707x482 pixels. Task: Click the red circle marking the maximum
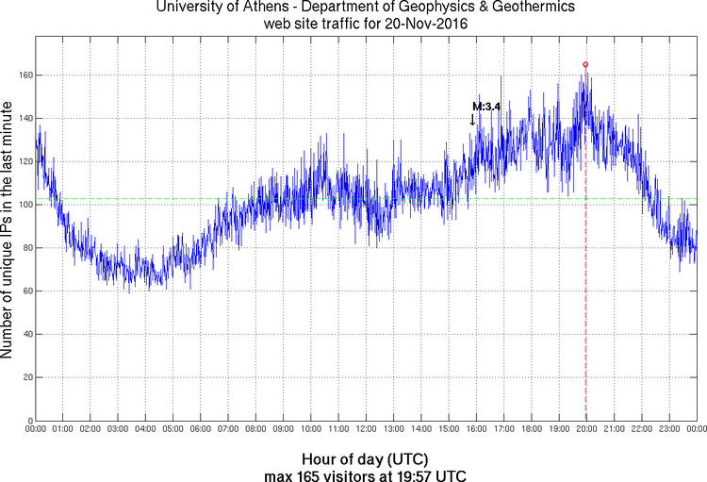click(x=585, y=64)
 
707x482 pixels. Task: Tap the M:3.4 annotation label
click(x=485, y=107)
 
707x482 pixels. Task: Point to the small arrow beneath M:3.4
click(x=472, y=120)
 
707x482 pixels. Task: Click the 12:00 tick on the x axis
click(x=366, y=429)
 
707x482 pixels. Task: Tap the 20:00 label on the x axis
click(x=586, y=429)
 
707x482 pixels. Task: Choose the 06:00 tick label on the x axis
click(x=201, y=429)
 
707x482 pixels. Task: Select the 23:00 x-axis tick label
click(x=669, y=429)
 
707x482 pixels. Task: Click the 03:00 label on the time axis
click(x=118, y=429)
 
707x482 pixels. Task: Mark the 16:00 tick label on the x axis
click(x=476, y=429)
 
